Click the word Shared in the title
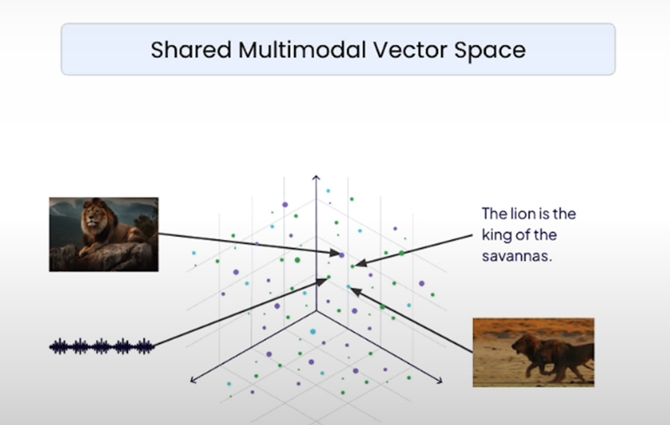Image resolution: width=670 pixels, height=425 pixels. click(191, 50)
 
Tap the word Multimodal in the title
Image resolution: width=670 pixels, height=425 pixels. click(302, 50)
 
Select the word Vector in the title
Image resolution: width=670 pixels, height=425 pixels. click(410, 50)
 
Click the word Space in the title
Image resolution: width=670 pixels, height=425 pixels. click(490, 51)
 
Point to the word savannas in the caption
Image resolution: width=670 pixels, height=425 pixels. click(517, 256)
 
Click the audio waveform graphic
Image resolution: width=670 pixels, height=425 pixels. click(102, 346)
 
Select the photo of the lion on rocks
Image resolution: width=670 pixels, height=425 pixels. click(104, 235)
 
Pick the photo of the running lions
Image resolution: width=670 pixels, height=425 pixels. click(534, 353)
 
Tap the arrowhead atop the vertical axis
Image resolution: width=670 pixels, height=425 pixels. click(316, 177)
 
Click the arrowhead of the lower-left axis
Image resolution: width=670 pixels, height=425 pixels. click(193, 380)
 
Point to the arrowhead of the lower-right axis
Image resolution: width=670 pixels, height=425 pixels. click(440, 380)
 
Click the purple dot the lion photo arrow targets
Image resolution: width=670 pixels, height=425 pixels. click(341, 255)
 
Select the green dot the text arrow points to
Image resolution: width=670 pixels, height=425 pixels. click(352, 266)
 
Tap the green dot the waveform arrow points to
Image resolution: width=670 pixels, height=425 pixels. click(329, 277)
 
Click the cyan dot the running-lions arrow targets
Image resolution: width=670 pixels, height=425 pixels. click(348, 287)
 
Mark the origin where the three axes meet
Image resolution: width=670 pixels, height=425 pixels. click(316, 311)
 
